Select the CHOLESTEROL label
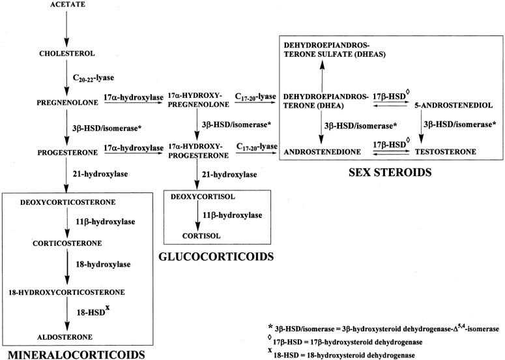pyautogui.click(x=67, y=53)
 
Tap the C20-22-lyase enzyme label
pyautogui.click(x=93, y=78)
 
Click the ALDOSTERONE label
pyautogui.click(x=65, y=337)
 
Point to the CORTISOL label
pyautogui.click(x=201, y=236)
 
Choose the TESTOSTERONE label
pyautogui.click(x=446, y=152)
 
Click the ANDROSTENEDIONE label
pyautogui.click(x=322, y=152)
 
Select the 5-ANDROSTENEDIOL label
pyautogui.click(x=454, y=106)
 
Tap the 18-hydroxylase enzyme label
pyautogui.click(x=103, y=265)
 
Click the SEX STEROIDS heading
pyautogui.click(x=390, y=172)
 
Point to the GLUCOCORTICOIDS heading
pyautogui.click(x=216, y=256)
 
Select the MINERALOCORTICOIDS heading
pyautogui.click(x=76, y=355)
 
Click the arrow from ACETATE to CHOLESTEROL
pyautogui.click(x=66, y=29)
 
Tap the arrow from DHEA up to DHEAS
pyautogui.click(x=322, y=76)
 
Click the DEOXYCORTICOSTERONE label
pyautogui.click(x=68, y=202)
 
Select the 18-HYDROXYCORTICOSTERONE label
pyautogui.click(x=66, y=292)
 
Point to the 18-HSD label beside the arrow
pyautogui.click(x=93, y=311)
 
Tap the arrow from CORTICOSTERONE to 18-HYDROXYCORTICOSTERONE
pyautogui.click(x=67, y=267)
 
